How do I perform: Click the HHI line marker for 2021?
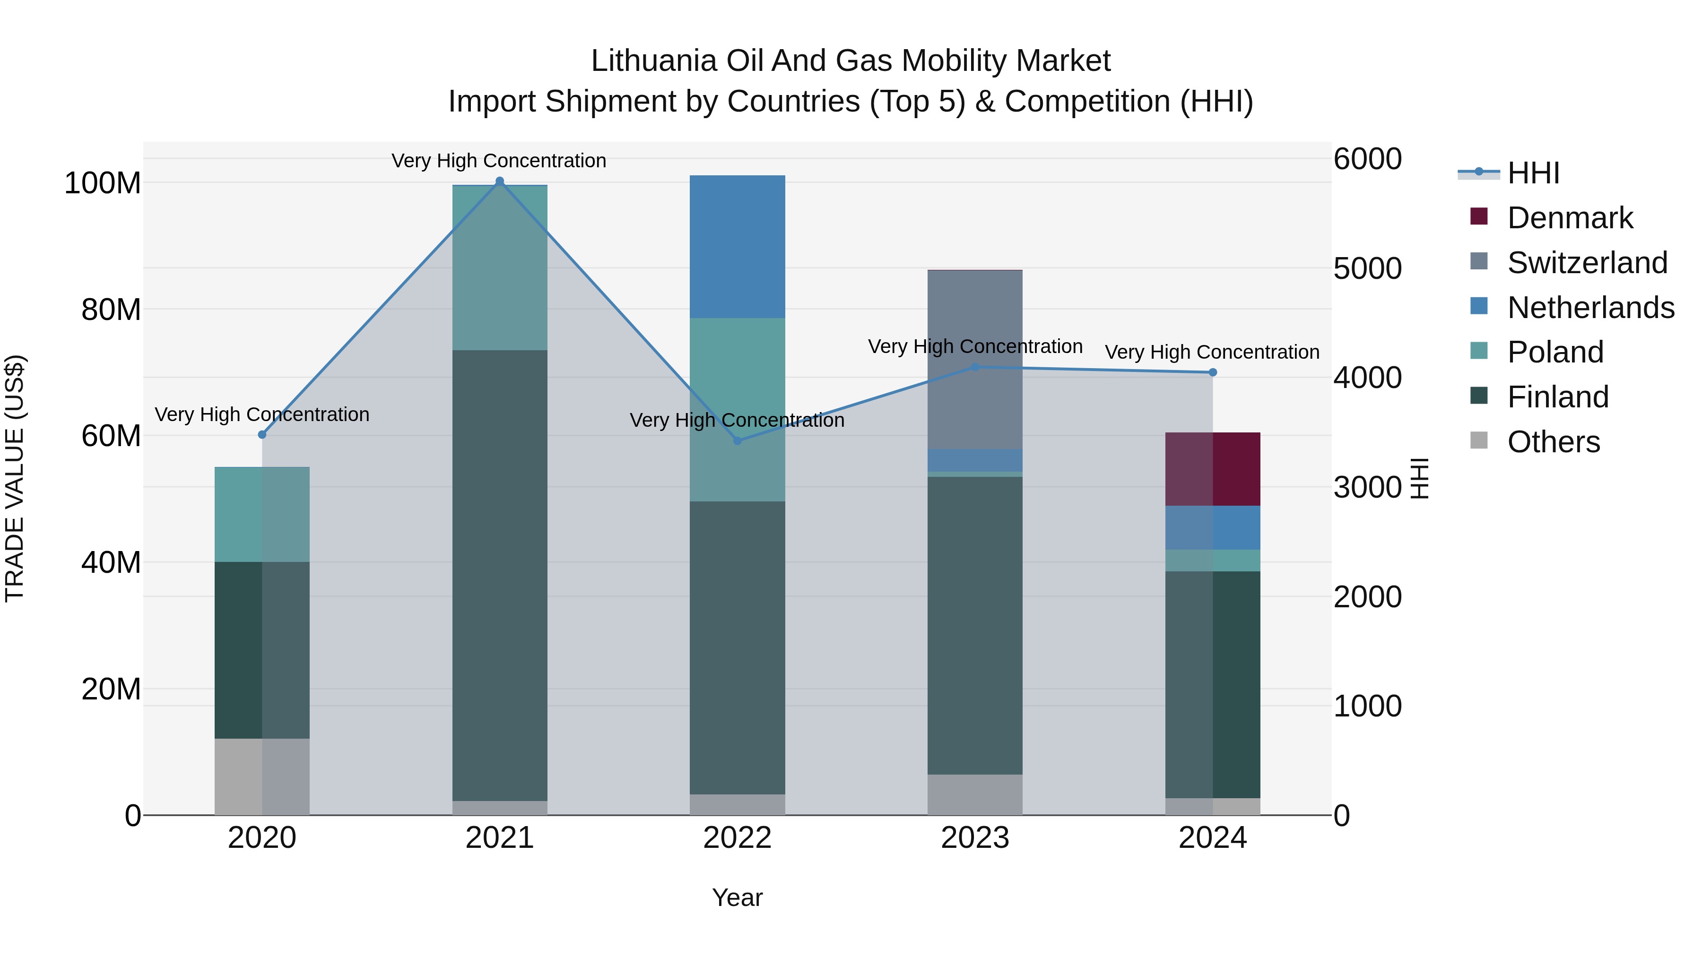tap(500, 181)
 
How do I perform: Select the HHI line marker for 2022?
tap(738, 440)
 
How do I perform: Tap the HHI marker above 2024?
tap(1212, 372)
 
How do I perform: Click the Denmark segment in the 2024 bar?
tap(1212, 469)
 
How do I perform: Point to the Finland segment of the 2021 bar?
tap(500, 575)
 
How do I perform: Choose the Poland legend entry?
tap(1555, 352)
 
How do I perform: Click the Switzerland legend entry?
tap(1587, 263)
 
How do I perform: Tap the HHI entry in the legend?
tap(1533, 173)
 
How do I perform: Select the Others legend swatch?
tap(1479, 440)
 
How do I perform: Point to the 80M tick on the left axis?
tap(111, 309)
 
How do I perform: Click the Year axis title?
tap(738, 897)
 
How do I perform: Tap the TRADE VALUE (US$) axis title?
tap(15, 478)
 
